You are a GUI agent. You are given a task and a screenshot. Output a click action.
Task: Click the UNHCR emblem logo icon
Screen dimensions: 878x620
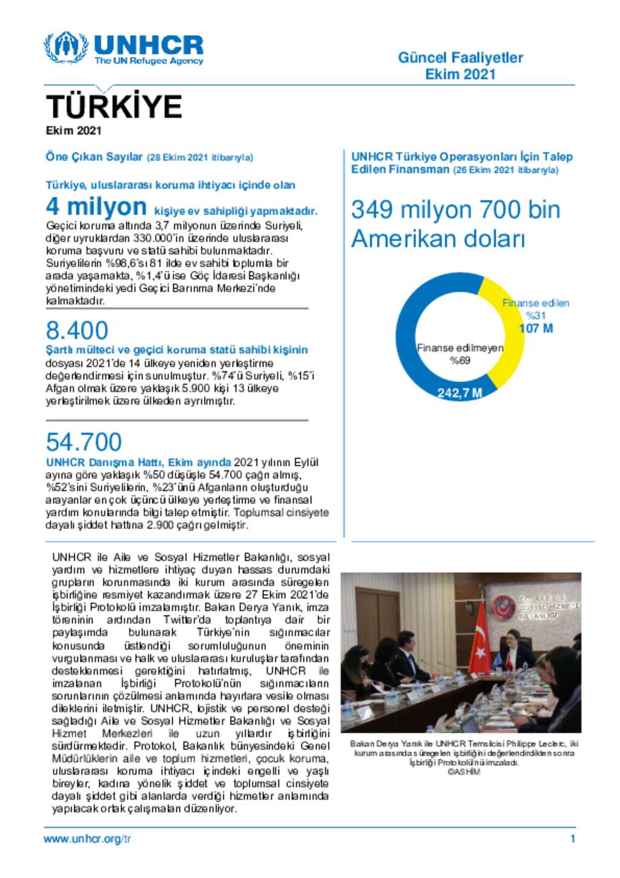click(x=66, y=47)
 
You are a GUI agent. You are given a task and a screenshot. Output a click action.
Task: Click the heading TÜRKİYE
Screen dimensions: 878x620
click(x=114, y=107)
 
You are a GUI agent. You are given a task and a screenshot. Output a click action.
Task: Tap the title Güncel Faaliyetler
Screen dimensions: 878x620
click(x=460, y=58)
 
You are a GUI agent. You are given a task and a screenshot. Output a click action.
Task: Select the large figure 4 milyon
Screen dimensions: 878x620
click(x=96, y=207)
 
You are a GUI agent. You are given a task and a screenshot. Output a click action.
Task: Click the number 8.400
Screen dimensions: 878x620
click(x=77, y=330)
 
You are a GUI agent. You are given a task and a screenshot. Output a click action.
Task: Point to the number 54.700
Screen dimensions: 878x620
click(x=84, y=442)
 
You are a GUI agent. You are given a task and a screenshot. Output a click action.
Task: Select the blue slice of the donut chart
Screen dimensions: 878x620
click(x=412, y=339)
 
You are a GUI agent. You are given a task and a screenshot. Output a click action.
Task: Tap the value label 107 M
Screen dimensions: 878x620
click(x=536, y=328)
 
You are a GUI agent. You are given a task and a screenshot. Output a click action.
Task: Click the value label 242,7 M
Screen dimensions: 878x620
click(x=460, y=393)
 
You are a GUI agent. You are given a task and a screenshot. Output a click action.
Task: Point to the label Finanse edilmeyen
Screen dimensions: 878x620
click(x=460, y=348)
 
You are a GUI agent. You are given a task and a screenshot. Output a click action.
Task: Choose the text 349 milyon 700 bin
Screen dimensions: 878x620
click(x=455, y=210)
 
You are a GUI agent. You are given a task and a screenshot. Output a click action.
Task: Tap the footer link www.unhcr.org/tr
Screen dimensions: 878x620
click(x=87, y=839)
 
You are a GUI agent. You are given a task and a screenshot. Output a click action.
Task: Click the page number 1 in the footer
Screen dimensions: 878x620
click(x=572, y=839)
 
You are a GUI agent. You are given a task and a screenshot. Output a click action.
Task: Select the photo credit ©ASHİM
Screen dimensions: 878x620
click(x=464, y=772)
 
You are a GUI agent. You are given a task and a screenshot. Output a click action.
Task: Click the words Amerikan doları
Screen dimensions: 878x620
click(x=438, y=239)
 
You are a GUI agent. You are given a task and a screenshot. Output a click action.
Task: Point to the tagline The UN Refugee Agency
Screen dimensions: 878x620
click(x=148, y=61)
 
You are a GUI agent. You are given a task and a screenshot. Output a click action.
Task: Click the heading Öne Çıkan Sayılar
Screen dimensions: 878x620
click(x=94, y=157)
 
